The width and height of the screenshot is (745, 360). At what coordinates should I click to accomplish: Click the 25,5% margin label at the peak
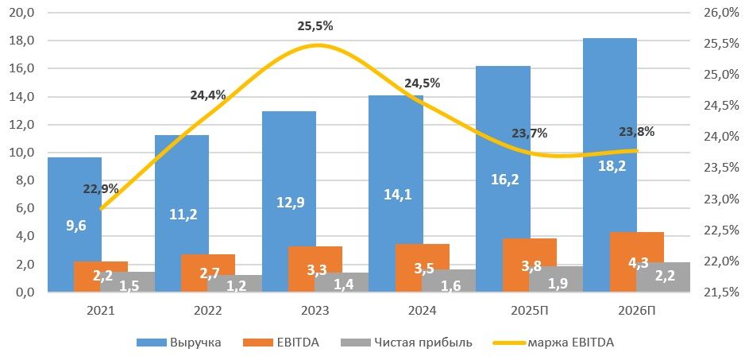315,26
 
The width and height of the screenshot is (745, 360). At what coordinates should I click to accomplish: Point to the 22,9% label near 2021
100,189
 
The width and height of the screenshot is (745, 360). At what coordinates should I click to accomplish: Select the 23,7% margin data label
529,134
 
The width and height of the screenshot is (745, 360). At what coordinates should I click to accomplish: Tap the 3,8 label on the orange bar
530,267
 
